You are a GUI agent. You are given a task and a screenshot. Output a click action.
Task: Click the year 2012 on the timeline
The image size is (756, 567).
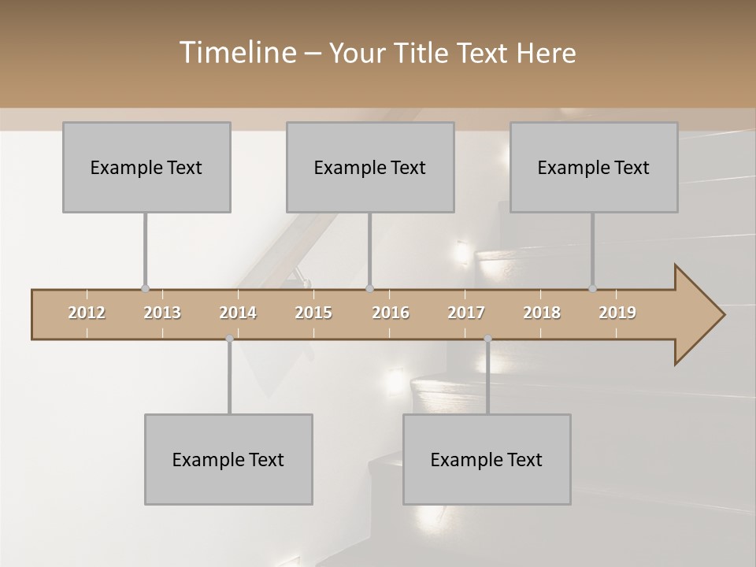(x=87, y=313)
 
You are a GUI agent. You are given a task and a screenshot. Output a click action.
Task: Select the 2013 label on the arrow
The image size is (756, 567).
(x=162, y=313)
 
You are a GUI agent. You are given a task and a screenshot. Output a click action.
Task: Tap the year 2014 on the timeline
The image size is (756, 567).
(x=238, y=313)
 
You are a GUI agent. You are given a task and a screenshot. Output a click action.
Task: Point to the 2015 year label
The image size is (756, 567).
(x=313, y=313)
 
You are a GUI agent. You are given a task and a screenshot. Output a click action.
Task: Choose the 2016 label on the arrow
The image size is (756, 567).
(x=391, y=313)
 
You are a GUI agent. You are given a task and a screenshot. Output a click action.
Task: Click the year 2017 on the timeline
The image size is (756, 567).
(x=466, y=313)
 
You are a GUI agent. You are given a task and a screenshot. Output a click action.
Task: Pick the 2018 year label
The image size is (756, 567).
(x=542, y=313)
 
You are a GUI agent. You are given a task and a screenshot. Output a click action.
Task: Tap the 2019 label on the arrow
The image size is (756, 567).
(x=617, y=313)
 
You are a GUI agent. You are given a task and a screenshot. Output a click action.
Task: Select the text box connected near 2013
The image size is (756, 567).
(x=146, y=167)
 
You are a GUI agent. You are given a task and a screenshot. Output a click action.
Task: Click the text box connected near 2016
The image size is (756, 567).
(x=370, y=167)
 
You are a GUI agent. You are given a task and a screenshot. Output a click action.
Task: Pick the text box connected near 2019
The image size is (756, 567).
(x=594, y=167)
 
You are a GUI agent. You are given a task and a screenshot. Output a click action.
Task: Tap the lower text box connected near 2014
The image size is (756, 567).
(x=228, y=459)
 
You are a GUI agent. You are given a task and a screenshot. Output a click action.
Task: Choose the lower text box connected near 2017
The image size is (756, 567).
(x=487, y=459)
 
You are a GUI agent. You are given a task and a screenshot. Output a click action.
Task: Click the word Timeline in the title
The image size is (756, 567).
(x=236, y=53)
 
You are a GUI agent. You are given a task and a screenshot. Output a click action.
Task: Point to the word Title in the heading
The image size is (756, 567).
(x=425, y=53)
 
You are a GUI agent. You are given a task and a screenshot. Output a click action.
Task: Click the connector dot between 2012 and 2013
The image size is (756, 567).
(x=145, y=289)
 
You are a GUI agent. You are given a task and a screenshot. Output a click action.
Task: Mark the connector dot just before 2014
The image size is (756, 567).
(x=229, y=339)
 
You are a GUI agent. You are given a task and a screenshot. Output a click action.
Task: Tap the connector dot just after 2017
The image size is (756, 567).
(x=487, y=339)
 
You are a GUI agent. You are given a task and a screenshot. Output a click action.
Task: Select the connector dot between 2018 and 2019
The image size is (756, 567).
(x=592, y=289)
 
